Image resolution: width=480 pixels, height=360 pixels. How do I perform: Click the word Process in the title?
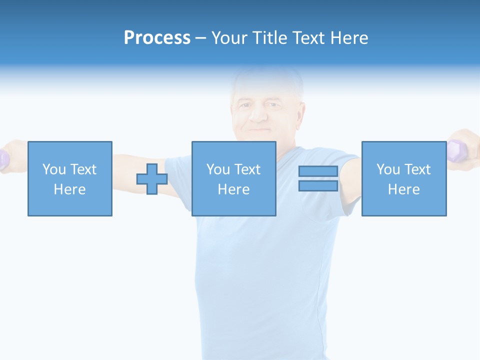point(157,38)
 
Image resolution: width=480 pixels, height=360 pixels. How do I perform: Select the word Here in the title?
point(347,38)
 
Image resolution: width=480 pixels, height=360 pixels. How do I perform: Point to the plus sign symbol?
point(152,178)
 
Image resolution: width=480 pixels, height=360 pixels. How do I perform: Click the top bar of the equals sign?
point(318,171)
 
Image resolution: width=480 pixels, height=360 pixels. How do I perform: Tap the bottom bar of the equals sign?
point(318,185)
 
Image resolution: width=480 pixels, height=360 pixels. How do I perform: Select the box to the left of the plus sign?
point(69,178)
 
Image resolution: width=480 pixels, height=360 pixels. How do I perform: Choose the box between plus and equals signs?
point(233,178)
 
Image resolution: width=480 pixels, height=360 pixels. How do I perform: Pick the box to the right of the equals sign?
point(403,178)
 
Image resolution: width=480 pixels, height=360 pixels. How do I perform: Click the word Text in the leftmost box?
point(83,169)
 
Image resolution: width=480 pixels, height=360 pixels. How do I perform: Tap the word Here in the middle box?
point(233,189)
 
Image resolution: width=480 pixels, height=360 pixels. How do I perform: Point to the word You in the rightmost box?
point(388,169)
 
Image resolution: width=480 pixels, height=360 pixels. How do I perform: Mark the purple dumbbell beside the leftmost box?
point(4,159)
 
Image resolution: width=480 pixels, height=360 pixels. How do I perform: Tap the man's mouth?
point(258,130)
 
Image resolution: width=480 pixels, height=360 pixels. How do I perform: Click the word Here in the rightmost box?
point(403,189)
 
